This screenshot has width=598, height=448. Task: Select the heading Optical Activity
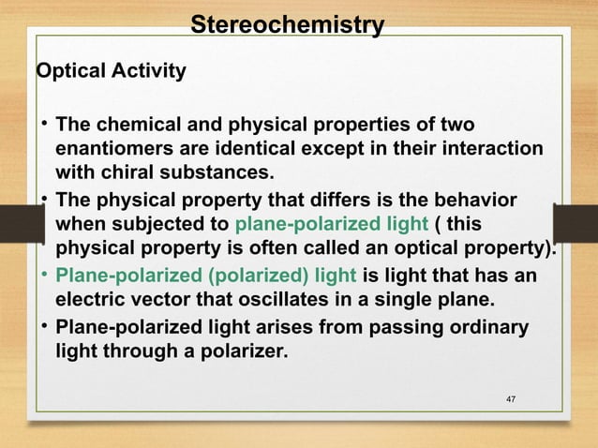pos(110,70)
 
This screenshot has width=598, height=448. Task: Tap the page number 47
pos(511,402)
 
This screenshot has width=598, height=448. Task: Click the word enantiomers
pos(116,149)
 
